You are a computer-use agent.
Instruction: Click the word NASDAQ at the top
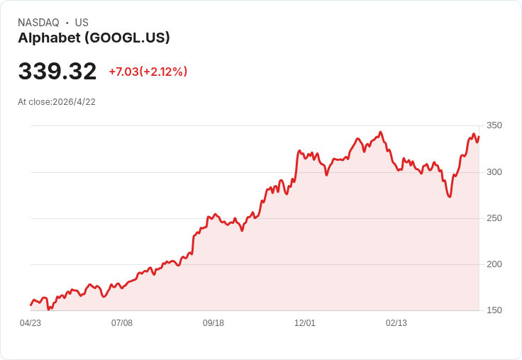tap(38, 23)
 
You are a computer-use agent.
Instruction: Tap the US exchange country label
tap(82, 23)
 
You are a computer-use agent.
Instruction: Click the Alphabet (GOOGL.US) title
tap(94, 38)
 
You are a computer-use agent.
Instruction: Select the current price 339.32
tap(57, 72)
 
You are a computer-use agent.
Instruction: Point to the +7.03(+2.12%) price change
tap(148, 72)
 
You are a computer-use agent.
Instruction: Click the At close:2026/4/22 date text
tap(57, 102)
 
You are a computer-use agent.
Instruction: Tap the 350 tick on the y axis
tap(494, 125)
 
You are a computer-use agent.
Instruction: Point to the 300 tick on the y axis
tap(494, 172)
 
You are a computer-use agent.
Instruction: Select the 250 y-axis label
tap(494, 218)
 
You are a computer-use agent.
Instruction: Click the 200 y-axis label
tap(494, 264)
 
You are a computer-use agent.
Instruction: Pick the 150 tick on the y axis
tap(494, 310)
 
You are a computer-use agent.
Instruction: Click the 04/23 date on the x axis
tap(30, 323)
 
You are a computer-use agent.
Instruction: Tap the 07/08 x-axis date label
tap(122, 323)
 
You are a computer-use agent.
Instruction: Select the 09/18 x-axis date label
tap(213, 323)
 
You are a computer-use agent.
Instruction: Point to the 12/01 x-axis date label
tap(305, 323)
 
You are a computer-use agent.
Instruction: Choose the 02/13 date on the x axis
tap(396, 323)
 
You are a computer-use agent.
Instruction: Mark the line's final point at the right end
tap(479, 137)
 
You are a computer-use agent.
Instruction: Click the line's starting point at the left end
tap(30, 305)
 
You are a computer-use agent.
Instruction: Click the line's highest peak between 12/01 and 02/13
tap(381, 132)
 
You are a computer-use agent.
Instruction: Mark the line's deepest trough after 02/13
tap(450, 196)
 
